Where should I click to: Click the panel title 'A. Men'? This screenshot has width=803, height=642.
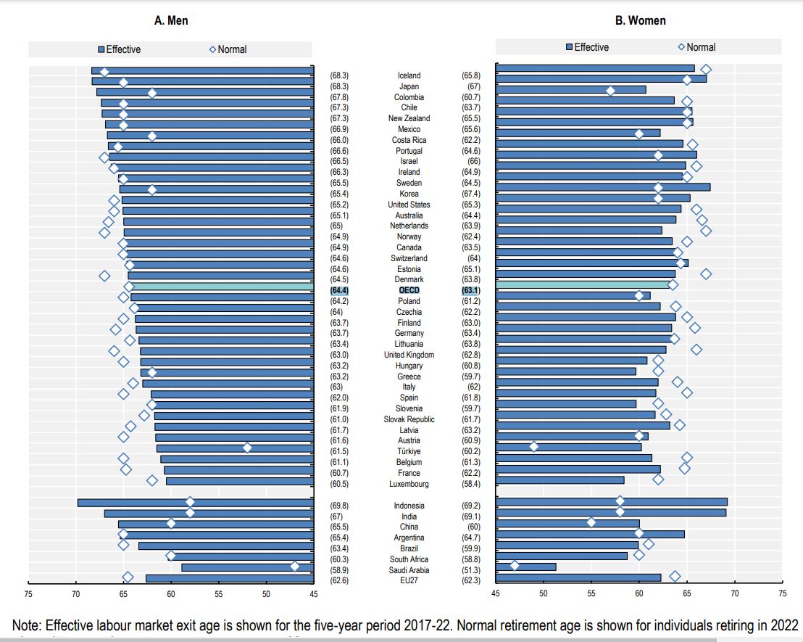[x=171, y=20]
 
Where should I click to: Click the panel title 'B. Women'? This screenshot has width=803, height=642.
[x=640, y=20]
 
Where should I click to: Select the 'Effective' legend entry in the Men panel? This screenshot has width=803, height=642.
[x=120, y=49]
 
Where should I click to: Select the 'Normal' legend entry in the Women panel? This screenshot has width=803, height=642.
[x=696, y=47]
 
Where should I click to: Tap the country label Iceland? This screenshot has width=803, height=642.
[x=409, y=75]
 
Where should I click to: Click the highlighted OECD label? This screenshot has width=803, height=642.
[x=409, y=290]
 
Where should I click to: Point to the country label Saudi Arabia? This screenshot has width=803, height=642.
[x=409, y=569]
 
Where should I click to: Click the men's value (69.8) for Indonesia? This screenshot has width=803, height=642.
[x=339, y=506]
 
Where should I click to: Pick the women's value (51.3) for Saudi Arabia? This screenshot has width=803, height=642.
[x=471, y=569]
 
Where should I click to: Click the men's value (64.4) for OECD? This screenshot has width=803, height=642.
[x=339, y=290]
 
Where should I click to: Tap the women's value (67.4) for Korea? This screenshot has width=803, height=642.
[x=471, y=194]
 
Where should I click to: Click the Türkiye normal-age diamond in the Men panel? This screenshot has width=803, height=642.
[x=247, y=448]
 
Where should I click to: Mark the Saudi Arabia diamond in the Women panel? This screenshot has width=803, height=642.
[x=515, y=565]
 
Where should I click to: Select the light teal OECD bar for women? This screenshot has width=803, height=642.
[x=583, y=284]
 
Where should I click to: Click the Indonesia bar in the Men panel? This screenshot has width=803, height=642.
[x=196, y=503]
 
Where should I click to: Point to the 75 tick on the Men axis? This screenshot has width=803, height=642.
[x=28, y=594]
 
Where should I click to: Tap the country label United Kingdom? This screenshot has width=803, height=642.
[x=409, y=355]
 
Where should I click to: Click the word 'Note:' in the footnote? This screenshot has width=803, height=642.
[x=28, y=626]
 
